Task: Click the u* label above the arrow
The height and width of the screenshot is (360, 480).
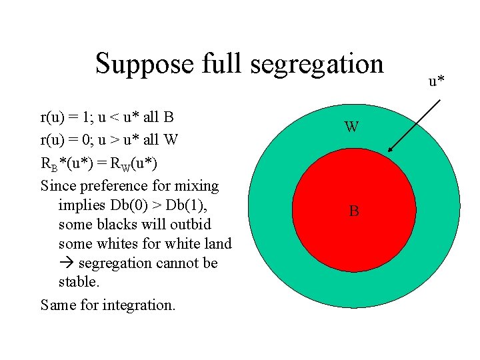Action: point(437,81)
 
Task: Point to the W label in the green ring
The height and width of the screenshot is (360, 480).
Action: point(352,127)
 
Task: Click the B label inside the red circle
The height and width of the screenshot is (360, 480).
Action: point(354,212)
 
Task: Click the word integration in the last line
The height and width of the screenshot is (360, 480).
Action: point(139,305)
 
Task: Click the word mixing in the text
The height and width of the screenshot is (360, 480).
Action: point(197,185)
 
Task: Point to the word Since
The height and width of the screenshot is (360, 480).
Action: point(59,185)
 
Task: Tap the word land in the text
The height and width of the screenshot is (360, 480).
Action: point(218,244)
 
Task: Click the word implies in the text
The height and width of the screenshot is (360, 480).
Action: point(82,205)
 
